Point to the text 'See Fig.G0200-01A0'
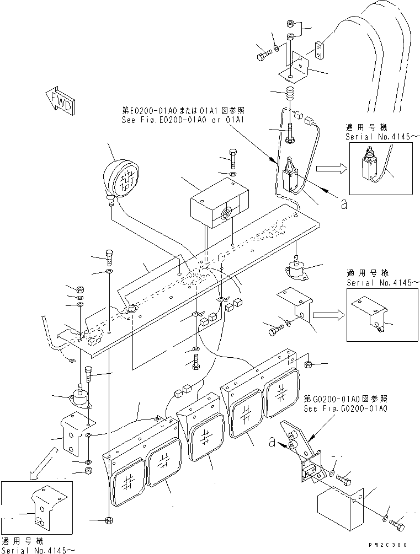tap(345, 408)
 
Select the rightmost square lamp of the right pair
tap(282, 393)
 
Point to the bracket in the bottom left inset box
tap(44, 504)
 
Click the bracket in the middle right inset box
tap(368, 315)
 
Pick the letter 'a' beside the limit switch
tap(344, 205)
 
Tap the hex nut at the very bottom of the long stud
tap(108, 520)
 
